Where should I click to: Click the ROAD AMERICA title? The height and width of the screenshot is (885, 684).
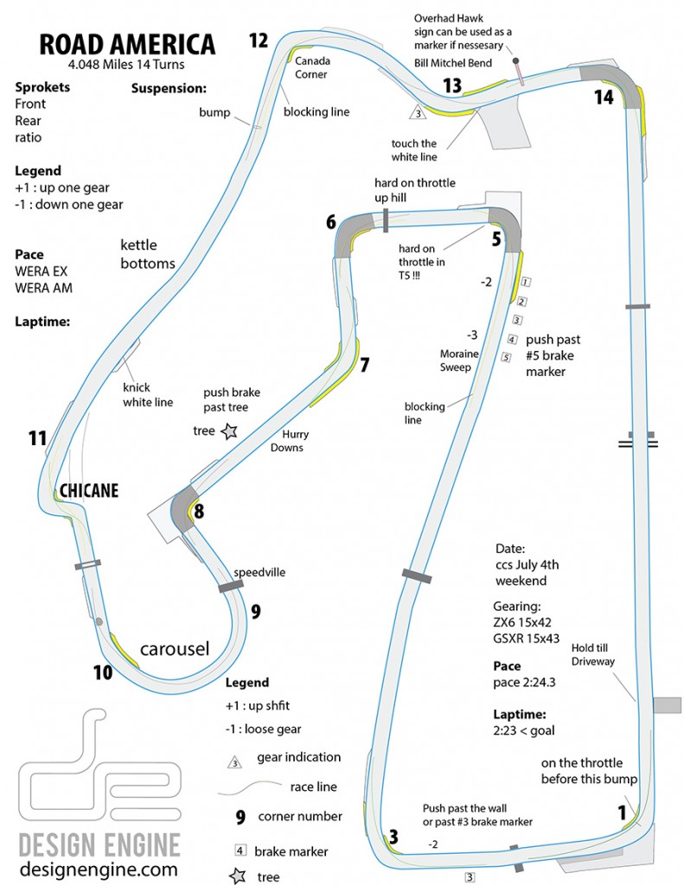point(127,45)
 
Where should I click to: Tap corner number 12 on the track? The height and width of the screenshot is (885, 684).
point(259,41)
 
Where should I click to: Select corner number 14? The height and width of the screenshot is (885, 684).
point(604,97)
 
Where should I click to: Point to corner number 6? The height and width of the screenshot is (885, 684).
point(331,222)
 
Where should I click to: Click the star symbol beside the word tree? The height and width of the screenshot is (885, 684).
point(229,432)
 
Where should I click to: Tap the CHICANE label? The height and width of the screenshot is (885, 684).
point(89,491)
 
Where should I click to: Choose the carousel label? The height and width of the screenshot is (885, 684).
point(175,649)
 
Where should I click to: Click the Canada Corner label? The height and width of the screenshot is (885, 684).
point(312,67)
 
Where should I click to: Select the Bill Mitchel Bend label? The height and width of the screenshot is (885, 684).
point(453,63)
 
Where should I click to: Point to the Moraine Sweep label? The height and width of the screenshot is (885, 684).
point(458,360)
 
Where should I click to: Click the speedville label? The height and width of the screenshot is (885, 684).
point(259,572)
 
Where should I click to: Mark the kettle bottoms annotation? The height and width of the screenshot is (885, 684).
point(147,254)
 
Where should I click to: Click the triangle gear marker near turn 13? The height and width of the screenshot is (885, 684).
point(418,112)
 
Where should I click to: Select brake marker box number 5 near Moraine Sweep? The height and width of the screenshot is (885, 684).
point(506,357)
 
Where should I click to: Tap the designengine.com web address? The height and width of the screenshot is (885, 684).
point(99,869)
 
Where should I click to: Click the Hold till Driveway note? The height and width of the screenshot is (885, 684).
point(592,655)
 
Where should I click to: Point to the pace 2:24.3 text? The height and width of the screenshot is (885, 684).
point(524,683)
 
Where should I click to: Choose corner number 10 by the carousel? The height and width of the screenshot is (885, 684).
point(103,672)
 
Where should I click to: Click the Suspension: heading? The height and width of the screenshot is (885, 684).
point(169,89)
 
